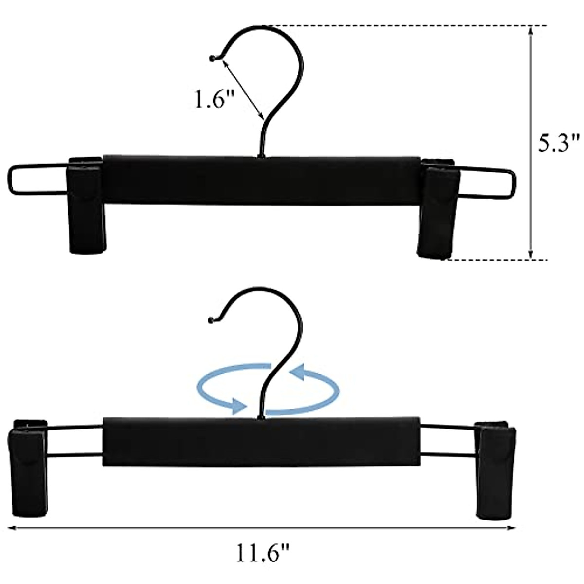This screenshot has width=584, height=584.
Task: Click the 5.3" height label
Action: (560, 144)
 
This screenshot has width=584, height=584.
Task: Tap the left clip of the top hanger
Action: (87, 204)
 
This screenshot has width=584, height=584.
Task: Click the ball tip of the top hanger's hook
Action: (212, 59)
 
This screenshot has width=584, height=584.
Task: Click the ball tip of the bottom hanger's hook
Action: (211, 320)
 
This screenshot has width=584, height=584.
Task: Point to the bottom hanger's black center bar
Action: (261, 441)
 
